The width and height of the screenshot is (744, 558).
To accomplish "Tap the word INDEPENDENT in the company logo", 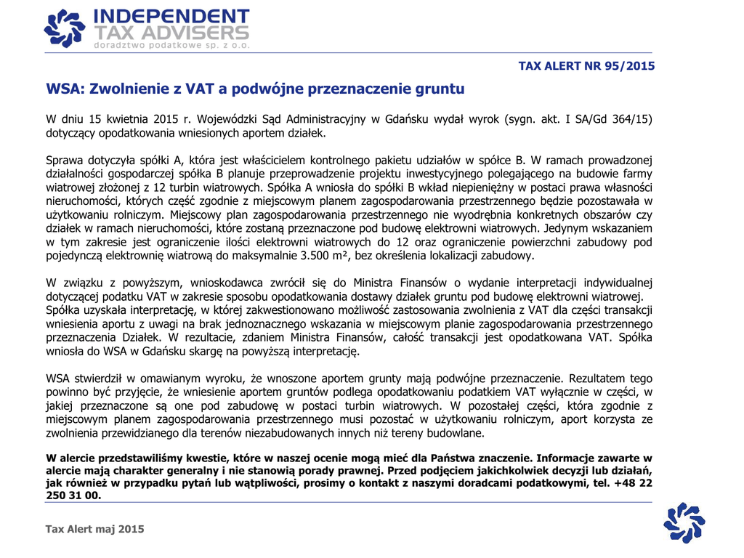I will coord(171,17).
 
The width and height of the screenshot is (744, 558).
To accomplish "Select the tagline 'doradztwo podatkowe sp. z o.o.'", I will coord(171,45).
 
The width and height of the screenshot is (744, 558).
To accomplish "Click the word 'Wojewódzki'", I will coord(232,118).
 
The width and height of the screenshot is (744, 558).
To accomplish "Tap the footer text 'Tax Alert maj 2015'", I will coord(95,529).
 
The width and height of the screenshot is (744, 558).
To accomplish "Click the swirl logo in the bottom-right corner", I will coord(685,523).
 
